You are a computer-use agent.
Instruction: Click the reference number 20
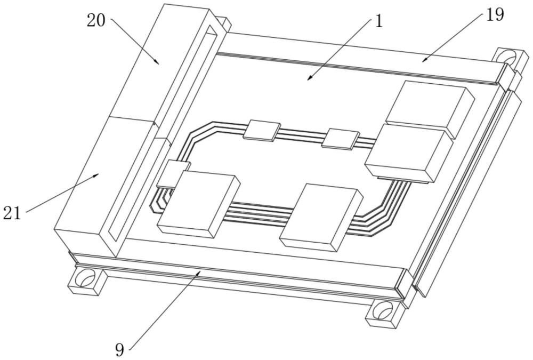97,21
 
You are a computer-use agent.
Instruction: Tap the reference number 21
11,213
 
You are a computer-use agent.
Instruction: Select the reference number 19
495,15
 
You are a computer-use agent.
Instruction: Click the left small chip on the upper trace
261,130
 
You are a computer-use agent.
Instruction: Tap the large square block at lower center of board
321,217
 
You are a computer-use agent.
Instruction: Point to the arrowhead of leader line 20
158,63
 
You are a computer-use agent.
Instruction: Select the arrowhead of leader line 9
200,271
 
